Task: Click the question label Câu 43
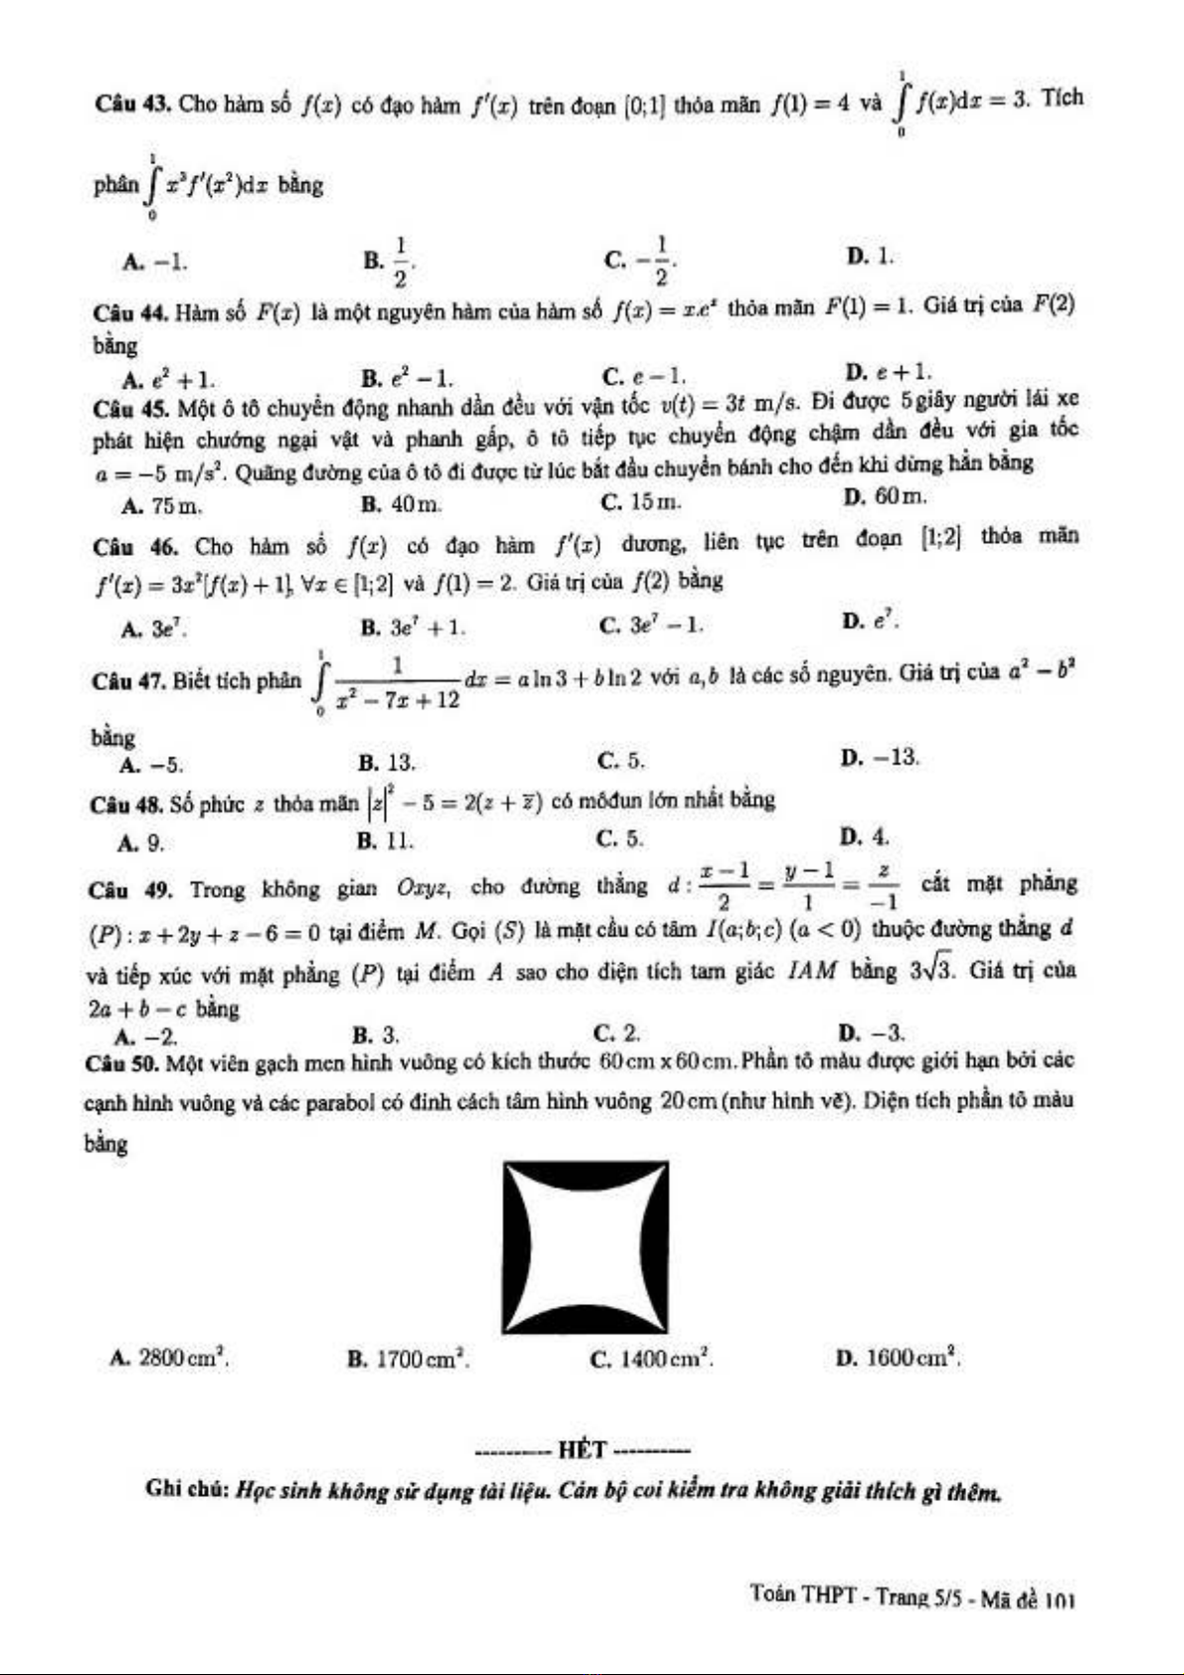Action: (133, 104)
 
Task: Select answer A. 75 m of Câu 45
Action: (161, 506)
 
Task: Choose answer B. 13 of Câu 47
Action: (387, 763)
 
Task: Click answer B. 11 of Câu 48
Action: (385, 842)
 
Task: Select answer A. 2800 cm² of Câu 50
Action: (170, 1357)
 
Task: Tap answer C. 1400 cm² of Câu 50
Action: (651, 1359)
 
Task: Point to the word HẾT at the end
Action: (583, 1449)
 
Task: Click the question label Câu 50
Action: (121, 1065)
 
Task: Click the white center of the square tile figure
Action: (586, 1247)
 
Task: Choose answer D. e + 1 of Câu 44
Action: (888, 372)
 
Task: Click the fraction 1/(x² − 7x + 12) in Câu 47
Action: (398, 683)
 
